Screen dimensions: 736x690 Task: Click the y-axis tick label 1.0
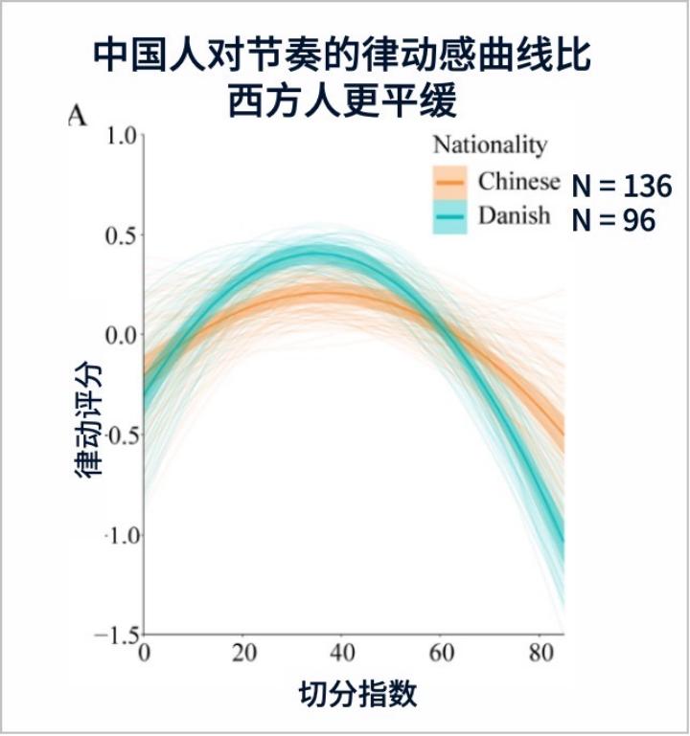[x=121, y=135]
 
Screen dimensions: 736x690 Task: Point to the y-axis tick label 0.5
[x=121, y=234]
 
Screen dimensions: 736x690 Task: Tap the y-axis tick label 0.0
[x=121, y=335]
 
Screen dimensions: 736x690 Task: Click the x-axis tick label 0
[x=144, y=654]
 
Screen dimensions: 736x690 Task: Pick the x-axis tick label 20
[x=243, y=654]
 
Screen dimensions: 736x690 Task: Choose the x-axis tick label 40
[x=342, y=654]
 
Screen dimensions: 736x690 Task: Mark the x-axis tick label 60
[x=442, y=654]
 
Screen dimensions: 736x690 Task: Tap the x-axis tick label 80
[x=540, y=654]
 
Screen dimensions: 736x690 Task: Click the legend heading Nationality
[x=490, y=145]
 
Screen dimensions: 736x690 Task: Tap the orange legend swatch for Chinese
[x=448, y=181]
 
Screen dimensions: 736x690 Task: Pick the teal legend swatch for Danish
[x=448, y=216]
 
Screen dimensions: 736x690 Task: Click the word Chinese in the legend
[x=518, y=181]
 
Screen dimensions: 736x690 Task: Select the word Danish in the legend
[x=514, y=216]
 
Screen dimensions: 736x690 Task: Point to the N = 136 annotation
[x=621, y=186]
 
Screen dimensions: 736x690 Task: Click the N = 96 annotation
[x=613, y=221]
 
